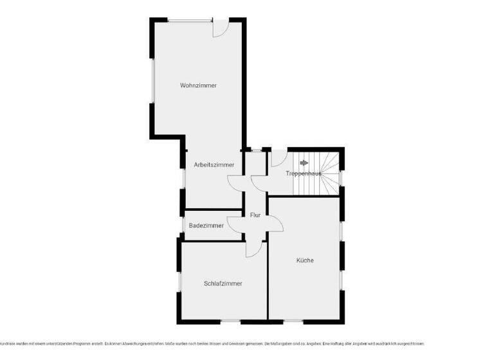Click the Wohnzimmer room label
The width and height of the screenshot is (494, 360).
click(x=198, y=85)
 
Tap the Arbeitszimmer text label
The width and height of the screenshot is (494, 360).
click(x=214, y=165)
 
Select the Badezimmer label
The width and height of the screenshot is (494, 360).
click(x=206, y=226)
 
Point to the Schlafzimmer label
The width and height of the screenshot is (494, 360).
click(x=223, y=283)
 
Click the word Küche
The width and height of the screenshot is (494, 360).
click(x=305, y=260)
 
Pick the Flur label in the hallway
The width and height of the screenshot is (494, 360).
click(x=255, y=215)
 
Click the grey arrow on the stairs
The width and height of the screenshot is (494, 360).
click(x=304, y=163)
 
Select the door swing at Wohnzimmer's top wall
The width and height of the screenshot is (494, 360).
click(x=220, y=28)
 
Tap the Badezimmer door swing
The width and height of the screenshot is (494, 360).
click(x=235, y=224)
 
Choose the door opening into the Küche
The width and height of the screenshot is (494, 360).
click(x=274, y=223)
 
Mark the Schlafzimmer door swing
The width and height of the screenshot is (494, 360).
click(x=255, y=249)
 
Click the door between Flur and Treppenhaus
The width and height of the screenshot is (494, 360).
click(x=260, y=184)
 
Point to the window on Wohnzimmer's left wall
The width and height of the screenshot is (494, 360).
click(x=152, y=80)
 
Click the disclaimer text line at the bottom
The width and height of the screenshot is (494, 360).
click(x=212, y=343)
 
